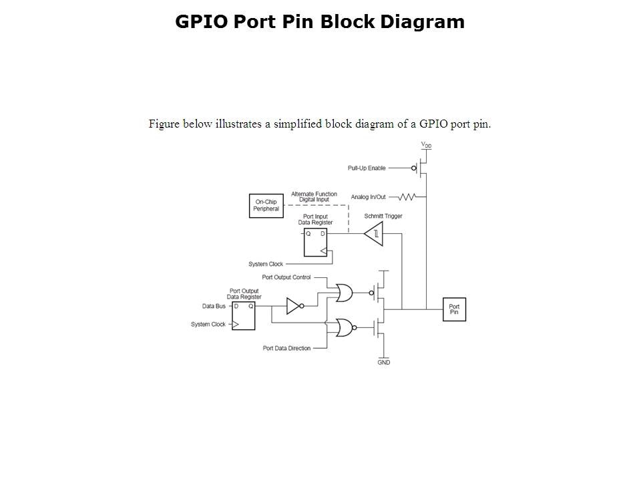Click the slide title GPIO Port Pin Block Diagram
tap(320, 22)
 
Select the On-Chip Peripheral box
tap(266, 205)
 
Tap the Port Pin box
tap(454, 309)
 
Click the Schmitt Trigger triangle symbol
tap(374, 234)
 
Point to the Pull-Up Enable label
tap(367, 168)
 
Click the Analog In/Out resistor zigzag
tap(407, 197)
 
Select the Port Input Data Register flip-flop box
tap(315, 243)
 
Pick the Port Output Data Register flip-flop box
tap(242, 315)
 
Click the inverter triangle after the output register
tap(294, 306)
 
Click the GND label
tap(384, 363)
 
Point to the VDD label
tap(426, 145)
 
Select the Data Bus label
tap(214, 306)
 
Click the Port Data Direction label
tap(286, 348)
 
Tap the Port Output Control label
tap(286, 277)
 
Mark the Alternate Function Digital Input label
tap(314, 196)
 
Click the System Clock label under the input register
tap(266, 264)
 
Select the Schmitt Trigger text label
tap(383, 216)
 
